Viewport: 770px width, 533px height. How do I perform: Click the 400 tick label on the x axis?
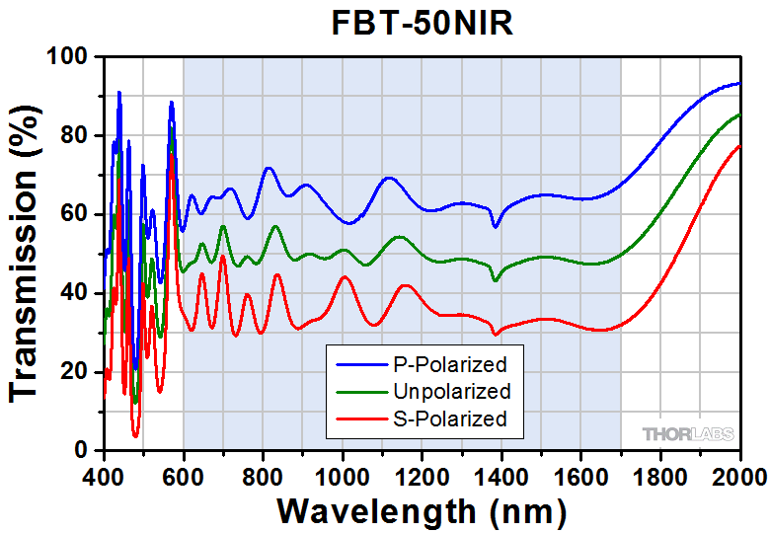[104, 475]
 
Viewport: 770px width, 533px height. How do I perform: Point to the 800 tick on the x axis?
[263, 475]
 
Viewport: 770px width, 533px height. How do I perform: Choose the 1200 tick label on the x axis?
[423, 475]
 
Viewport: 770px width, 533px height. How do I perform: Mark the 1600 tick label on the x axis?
[581, 475]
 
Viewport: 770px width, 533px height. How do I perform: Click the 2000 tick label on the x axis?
[738, 475]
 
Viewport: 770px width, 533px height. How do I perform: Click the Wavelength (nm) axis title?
[422, 511]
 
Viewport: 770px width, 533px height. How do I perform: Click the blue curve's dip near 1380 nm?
[496, 227]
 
